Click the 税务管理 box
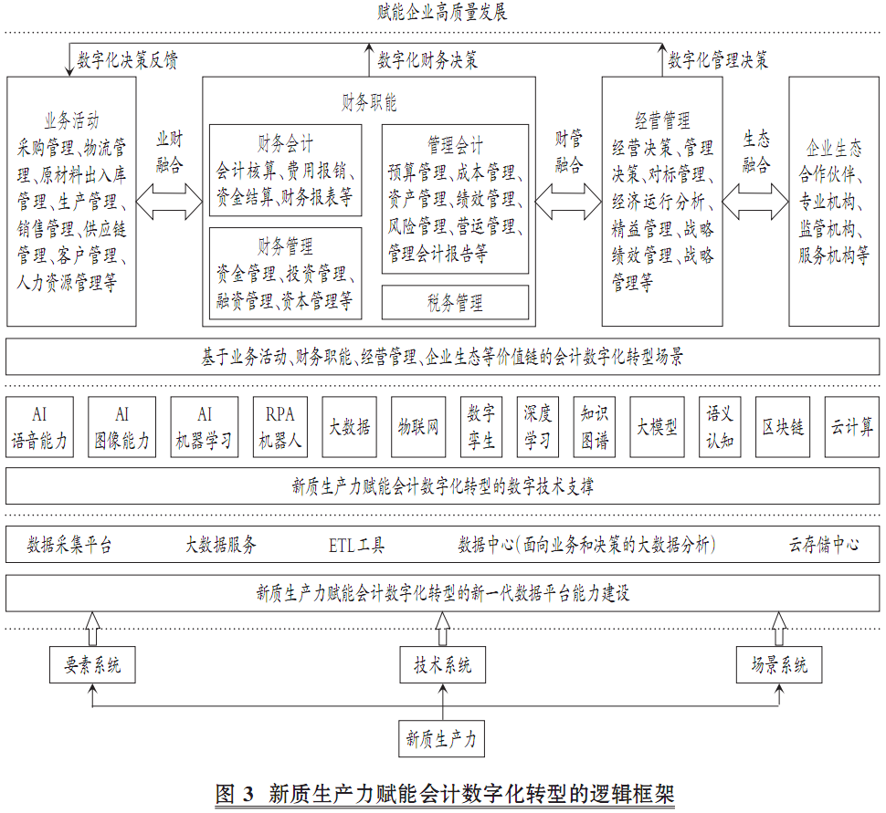[x=455, y=302]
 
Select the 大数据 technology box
[x=350, y=426]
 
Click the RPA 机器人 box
[x=280, y=426]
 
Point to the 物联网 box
[x=418, y=426]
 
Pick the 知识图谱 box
[x=595, y=426]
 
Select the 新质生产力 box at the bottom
[x=442, y=738]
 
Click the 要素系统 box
[x=92, y=665]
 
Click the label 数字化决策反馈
[x=128, y=60]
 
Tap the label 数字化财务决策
[x=427, y=60]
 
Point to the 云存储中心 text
[x=824, y=546]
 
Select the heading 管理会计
[x=455, y=145]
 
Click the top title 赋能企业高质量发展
[x=442, y=13]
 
